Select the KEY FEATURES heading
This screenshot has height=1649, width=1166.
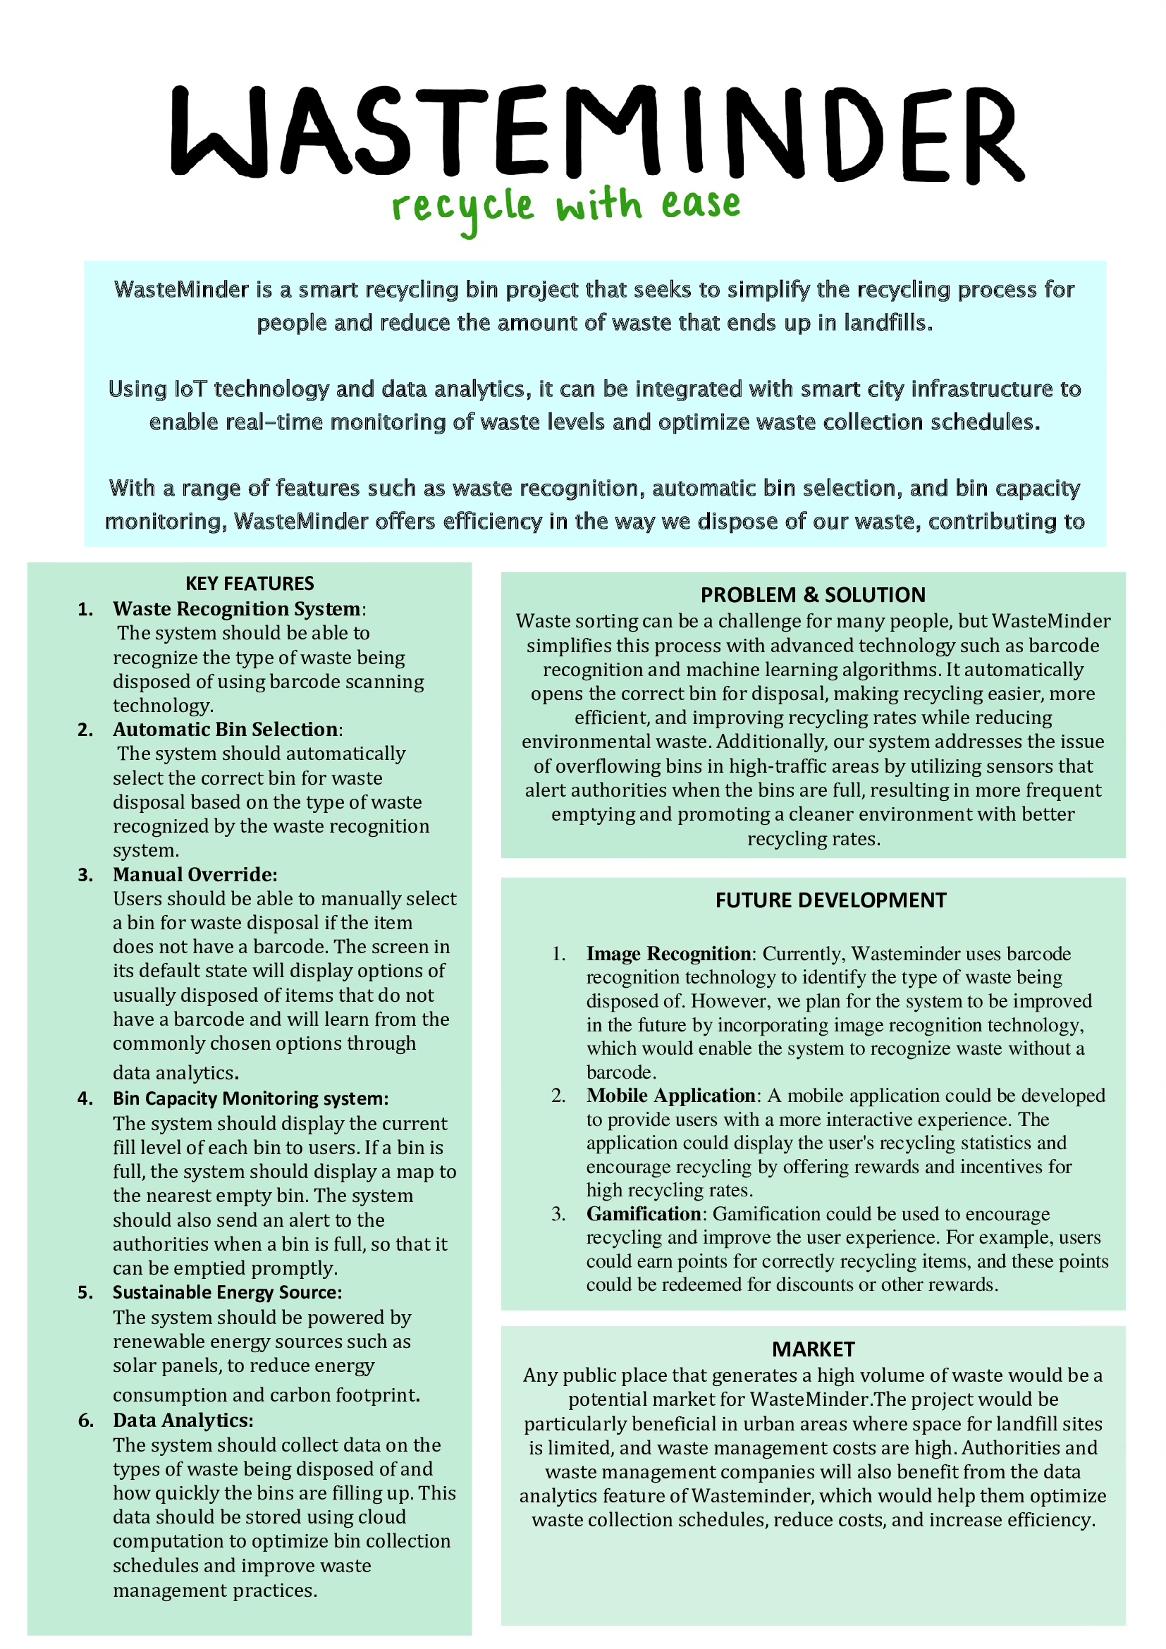point(249,583)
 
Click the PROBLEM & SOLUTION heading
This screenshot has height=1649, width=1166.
point(813,595)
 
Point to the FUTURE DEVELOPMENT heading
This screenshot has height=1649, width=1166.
point(830,900)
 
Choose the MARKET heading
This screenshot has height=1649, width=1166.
point(813,1349)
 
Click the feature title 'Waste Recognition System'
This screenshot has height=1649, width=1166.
point(237,609)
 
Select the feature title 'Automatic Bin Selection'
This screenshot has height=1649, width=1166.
point(226,730)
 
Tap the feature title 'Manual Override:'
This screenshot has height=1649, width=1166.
point(195,875)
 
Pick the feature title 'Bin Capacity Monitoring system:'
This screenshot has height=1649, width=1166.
point(250,1098)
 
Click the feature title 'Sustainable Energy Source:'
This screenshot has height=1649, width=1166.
point(227,1292)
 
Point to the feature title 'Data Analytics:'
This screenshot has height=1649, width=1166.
point(183,1421)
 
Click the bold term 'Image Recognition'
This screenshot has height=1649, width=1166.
point(668,954)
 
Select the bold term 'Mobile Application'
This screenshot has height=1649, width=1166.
point(670,1096)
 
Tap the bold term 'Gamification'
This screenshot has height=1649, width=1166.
point(644,1214)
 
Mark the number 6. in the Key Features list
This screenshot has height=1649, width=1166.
point(86,1421)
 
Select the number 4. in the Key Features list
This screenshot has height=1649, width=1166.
point(86,1099)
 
